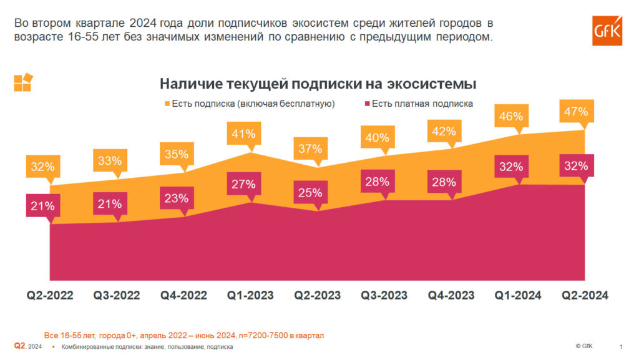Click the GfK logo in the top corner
click(607, 31)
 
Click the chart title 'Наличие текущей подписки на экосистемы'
click(318, 84)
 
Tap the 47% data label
click(575, 112)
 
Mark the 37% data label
click(310, 149)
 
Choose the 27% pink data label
click(243, 184)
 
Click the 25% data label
click(310, 193)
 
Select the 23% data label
click(176, 198)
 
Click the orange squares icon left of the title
click(22, 83)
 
